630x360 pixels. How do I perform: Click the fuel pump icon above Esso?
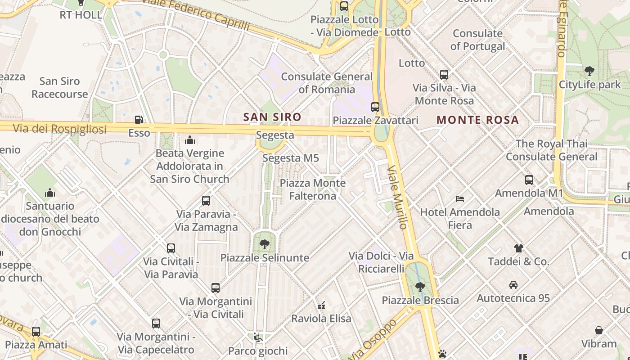pos(139,120)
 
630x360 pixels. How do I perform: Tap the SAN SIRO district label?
pos(272,117)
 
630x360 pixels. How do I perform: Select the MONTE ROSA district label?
pos(477,120)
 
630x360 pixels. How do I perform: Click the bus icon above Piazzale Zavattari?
pos(375,107)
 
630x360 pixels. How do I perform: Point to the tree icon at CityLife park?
pos(589,71)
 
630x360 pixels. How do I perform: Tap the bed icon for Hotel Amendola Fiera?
pos(459,198)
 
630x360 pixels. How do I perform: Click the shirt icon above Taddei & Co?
pos(518,248)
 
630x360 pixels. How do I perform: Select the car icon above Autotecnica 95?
pos(513,285)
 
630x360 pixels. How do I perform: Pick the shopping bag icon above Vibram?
pos(599,331)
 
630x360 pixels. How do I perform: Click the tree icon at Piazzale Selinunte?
pos(265,244)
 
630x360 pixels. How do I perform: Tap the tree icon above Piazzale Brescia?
pos(420,287)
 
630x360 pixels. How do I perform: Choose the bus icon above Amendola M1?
pos(529,180)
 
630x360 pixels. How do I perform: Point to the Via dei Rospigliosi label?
pos(59,129)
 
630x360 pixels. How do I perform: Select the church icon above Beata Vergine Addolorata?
pos(189,140)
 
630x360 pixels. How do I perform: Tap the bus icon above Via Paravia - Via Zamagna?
pos(206,201)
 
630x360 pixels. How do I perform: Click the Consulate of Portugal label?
pos(477,40)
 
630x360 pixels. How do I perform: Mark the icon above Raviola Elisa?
pos(321,306)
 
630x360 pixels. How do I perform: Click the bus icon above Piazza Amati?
pos(36,332)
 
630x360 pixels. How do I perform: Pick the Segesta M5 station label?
pos(290,158)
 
